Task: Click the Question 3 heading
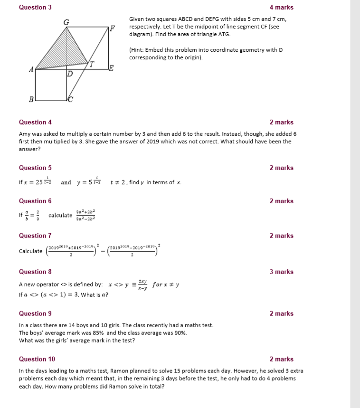[35, 8]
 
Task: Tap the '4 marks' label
[281, 8]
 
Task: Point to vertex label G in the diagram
[66, 21]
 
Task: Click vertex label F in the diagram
[112, 28]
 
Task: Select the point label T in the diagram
[92, 63]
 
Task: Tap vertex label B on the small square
[31, 99]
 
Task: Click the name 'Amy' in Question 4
[25, 134]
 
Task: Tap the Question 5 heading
[35, 168]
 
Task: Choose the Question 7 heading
[35, 236]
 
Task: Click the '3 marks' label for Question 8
[281, 272]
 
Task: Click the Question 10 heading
[37, 359]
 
